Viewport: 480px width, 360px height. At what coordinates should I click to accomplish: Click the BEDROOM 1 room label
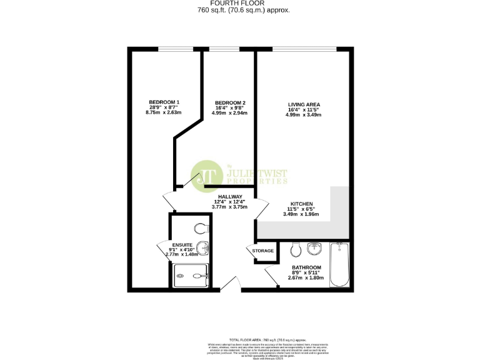[164, 102]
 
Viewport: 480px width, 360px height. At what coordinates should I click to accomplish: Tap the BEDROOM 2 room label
[230, 102]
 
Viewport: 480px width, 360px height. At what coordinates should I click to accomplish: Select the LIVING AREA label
[304, 104]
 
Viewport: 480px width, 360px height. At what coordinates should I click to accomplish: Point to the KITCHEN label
[301, 204]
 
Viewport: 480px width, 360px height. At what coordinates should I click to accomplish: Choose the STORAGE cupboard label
[263, 251]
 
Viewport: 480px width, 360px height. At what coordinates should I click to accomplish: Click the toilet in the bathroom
[297, 251]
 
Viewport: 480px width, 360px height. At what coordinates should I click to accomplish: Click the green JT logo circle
[206, 176]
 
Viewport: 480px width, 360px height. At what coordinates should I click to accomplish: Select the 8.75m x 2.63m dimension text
[164, 113]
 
